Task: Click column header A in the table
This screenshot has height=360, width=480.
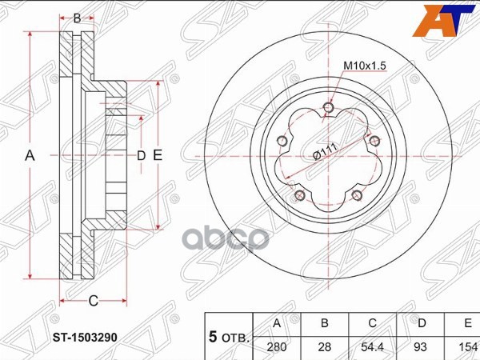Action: [x=277, y=323]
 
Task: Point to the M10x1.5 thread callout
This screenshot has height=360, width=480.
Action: [x=364, y=66]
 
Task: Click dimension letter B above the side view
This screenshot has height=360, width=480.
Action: [x=78, y=18]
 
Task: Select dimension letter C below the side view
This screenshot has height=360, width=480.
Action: [x=93, y=301]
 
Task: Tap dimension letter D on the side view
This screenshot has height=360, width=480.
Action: [x=141, y=155]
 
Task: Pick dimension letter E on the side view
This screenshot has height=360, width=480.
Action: [x=158, y=155]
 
